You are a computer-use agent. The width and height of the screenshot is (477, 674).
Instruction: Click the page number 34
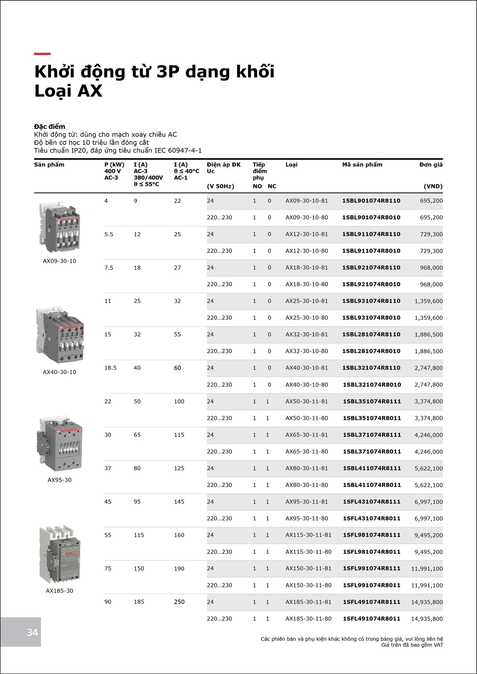tap(32, 632)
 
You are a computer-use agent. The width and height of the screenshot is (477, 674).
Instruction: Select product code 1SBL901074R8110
tap(371, 201)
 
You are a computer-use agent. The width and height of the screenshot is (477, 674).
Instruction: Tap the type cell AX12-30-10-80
tap(306, 251)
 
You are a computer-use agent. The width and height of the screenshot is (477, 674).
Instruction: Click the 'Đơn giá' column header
tap(431, 165)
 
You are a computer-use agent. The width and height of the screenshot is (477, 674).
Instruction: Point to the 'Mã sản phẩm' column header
tap(362, 165)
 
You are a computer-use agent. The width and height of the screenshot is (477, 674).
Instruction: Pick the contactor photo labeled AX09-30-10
tap(60, 227)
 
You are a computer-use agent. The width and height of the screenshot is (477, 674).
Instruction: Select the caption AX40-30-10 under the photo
tap(60, 372)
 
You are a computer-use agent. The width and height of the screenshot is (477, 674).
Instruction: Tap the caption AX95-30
tap(60, 480)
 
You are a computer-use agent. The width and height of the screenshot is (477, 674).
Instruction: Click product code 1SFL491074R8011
tap(371, 618)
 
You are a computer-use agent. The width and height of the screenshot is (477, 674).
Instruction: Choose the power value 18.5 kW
tap(110, 368)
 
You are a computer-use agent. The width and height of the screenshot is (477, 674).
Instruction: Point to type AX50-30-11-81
tap(306, 401)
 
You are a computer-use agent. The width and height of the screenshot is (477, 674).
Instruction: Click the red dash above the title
tap(42, 54)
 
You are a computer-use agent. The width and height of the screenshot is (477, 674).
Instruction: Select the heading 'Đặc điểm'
tap(50, 126)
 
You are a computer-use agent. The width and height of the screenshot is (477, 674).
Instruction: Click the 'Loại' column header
tap(292, 165)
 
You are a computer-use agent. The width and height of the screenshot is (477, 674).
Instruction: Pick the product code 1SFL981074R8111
tap(372, 535)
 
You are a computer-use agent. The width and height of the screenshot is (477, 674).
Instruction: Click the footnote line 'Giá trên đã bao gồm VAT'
tap(412, 645)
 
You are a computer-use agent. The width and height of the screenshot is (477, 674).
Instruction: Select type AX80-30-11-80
tap(306, 485)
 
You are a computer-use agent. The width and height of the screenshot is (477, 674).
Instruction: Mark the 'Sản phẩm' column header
tap(49, 165)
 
